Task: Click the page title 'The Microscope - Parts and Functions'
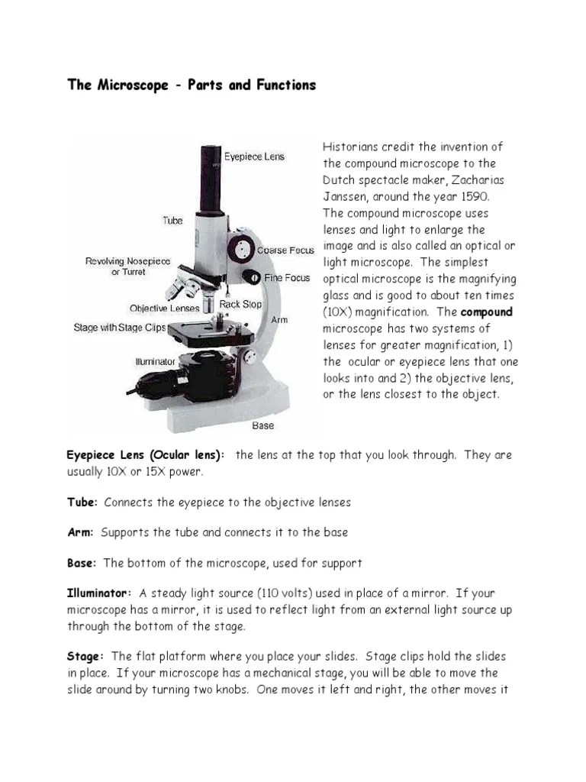coord(192,85)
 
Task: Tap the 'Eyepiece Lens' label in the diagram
coord(253,157)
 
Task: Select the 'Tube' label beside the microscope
coord(172,221)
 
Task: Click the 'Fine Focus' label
coord(287,278)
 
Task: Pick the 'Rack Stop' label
coord(240,304)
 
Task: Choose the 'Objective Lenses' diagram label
coord(164,309)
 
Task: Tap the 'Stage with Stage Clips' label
coord(120,328)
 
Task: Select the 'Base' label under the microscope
coord(262,425)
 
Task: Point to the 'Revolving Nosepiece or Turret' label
coord(127,267)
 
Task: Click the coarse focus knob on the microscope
coord(244,249)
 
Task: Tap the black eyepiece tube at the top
coord(211,179)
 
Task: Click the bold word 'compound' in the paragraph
coord(487,312)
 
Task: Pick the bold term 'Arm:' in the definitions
coord(80,532)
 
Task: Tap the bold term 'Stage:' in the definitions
coord(85,657)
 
